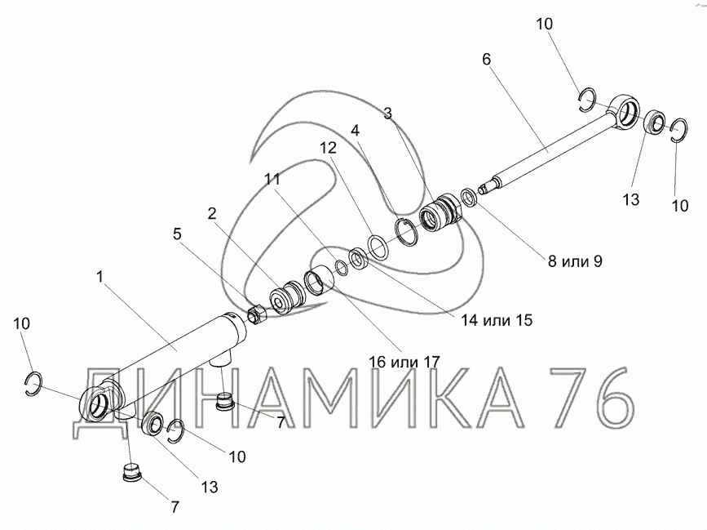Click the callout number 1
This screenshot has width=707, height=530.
pos(100,276)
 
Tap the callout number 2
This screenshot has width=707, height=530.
pos(212,213)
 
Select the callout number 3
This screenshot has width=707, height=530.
pos(388,114)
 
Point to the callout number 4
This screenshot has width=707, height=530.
pos(356,131)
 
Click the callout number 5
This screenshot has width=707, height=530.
pos(177,234)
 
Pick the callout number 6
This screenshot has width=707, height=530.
pos(486,59)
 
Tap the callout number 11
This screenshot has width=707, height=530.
pos(272,179)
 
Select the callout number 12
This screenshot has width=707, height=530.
pos(329,148)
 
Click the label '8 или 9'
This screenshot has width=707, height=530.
pos(575,261)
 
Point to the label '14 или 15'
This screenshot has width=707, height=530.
pos(497,320)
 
